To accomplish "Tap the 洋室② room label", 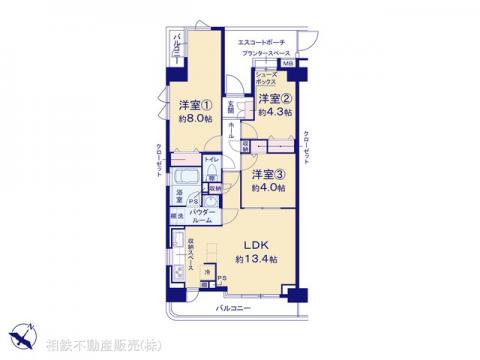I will pos(272,98).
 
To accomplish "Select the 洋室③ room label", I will pos(267,172).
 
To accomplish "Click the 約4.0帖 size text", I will pos(267,186).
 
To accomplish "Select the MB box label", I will pos(288,66).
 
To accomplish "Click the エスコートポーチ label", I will pos(262,41).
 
